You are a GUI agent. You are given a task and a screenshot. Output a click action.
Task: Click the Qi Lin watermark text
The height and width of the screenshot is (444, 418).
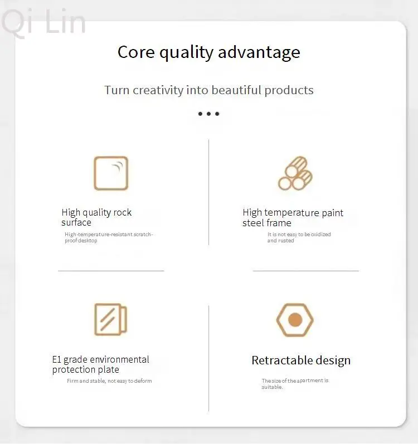(x=43, y=22)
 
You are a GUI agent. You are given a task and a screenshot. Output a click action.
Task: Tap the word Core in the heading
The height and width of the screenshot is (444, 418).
(x=136, y=52)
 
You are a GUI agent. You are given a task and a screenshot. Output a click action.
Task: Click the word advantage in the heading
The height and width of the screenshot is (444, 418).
(x=259, y=53)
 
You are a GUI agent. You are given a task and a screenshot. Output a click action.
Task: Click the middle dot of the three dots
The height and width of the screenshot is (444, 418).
(x=208, y=114)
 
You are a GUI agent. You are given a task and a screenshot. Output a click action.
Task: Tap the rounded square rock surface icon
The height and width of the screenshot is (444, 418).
(x=111, y=173)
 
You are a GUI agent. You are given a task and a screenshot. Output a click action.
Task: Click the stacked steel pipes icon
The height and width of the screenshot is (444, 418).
(x=295, y=173)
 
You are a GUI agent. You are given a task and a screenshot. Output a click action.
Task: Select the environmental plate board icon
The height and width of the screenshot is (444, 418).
(x=110, y=319)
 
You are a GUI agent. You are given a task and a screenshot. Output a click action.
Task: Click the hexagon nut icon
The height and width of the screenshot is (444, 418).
(x=295, y=320)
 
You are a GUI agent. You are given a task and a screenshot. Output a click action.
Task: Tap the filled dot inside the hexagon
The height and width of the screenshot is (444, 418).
(x=295, y=320)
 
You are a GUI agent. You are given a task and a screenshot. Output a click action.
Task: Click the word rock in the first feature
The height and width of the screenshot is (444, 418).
(x=123, y=212)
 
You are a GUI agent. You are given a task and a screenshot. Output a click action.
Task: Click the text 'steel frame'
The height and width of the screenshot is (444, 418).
(x=267, y=223)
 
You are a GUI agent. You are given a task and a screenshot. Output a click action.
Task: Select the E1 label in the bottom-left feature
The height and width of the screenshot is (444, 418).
(x=57, y=359)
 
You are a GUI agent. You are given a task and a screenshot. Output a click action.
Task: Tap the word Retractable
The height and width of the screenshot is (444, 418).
(x=282, y=360)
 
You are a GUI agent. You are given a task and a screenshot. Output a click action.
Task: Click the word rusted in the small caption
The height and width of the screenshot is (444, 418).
(x=286, y=241)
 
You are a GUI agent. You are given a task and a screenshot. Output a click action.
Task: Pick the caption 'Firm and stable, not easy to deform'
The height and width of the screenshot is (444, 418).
(x=109, y=381)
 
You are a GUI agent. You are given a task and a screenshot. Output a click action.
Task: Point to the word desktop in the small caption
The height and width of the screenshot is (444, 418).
(x=88, y=241)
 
